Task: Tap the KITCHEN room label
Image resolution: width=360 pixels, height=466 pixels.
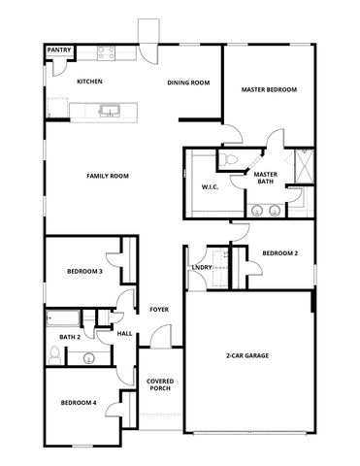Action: coord(90,82)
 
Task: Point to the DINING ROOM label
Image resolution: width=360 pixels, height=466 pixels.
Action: coord(188,83)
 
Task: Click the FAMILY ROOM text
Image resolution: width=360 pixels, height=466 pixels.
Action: coord(108,176)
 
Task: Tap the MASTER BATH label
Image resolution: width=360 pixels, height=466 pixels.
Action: coord(267,178)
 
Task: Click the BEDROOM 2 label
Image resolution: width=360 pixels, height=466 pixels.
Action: coord(280,252)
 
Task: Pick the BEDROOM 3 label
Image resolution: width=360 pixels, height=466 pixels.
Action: coord(84,271)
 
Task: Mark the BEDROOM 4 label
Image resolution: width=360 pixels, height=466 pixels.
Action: coord(79,402)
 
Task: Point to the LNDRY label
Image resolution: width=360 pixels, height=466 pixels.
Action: coord(202,267)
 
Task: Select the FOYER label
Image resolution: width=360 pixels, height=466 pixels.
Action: coord(159,310)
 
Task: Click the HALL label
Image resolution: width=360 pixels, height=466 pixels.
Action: coord(124,333)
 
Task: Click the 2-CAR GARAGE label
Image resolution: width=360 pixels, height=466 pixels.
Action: coord(247,356)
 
